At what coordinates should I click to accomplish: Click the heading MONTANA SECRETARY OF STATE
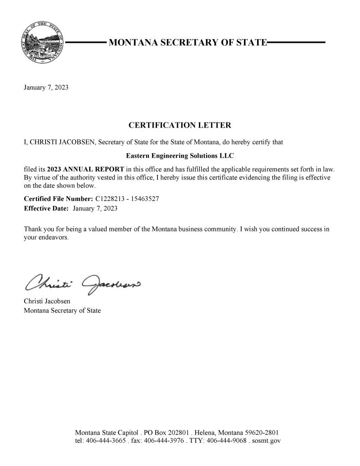pos(187,43)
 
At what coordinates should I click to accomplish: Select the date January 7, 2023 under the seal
pos(46,87)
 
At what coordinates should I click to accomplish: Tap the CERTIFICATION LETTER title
pos(180,125)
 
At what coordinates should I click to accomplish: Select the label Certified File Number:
pos(58,199)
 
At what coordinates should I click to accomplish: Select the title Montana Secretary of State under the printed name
pos(62,311)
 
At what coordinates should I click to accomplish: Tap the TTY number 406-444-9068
pos(227,441)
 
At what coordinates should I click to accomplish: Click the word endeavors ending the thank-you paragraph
pos(54,238)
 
